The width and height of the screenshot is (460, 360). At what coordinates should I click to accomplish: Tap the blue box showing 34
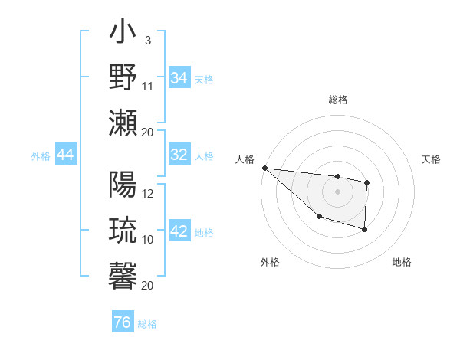tap(179, 78)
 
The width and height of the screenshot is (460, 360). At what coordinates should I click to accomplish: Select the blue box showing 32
tap(179, 155)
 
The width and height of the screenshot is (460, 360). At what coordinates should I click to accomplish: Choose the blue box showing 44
tap(65, 155)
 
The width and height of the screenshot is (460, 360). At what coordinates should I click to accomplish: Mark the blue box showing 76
tap(122, 322)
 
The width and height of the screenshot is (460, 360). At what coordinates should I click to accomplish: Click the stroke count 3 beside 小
tap(147, 41)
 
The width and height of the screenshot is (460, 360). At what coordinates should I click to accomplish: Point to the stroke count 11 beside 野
tap(148, 86)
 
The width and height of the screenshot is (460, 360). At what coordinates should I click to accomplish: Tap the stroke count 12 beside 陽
tap(148, 194)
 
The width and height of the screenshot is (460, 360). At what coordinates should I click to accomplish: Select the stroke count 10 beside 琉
tap(148, 239)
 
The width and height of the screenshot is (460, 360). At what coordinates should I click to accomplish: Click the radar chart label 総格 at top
tap(338, 100)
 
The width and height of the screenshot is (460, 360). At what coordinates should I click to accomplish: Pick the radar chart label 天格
tap(431, 159)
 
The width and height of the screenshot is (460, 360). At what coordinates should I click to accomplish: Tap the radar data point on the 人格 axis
tap(264, 168)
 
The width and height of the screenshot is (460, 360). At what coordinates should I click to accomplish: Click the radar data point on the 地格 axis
tap(365, 230)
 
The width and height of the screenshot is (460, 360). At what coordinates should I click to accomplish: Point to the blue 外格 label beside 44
tap(41, 156)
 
